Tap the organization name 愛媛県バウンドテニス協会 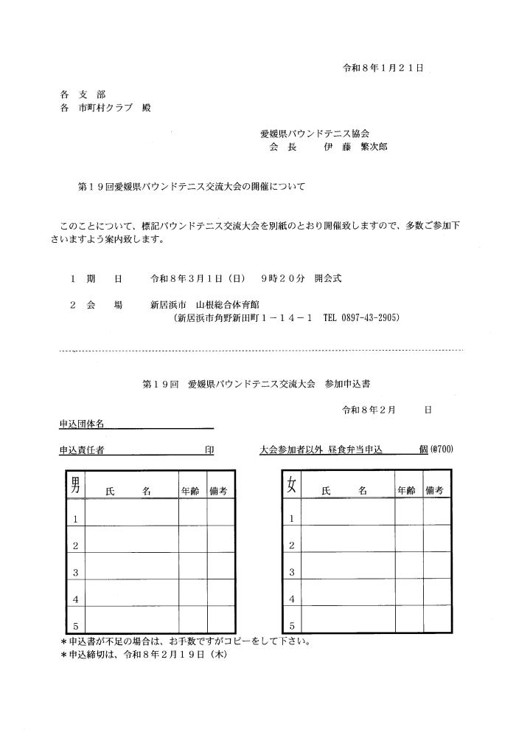[x=315, y=134]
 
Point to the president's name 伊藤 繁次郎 [x=355, y=147]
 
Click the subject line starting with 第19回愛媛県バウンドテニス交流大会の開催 [x=191, y=187]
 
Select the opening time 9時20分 [x=283, y=280]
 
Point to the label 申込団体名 [x=82, y=424]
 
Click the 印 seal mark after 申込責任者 [x=209, y=450]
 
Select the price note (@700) [x=442, y=450]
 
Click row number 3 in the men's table [x=75, y=572]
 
